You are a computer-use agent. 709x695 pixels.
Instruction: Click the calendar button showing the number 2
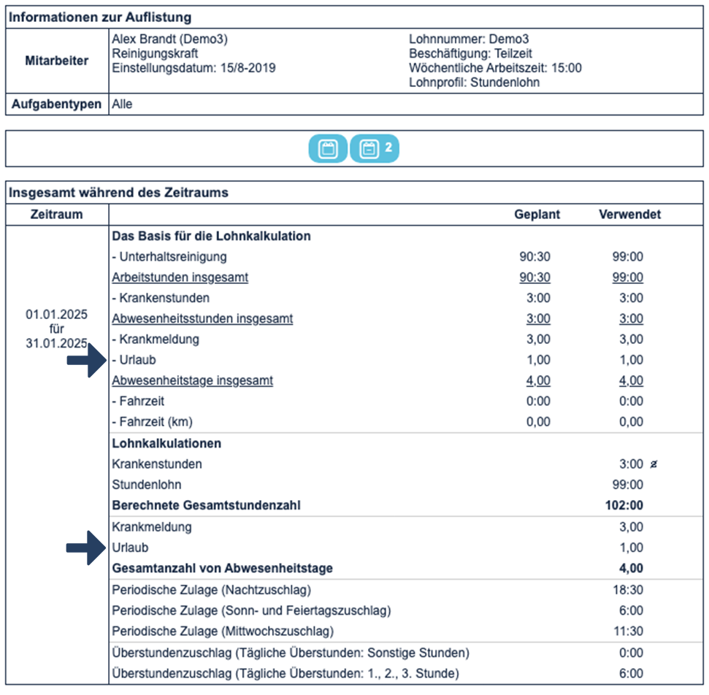(x=375, y=149)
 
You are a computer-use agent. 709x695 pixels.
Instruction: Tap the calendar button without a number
(x=329, y=149)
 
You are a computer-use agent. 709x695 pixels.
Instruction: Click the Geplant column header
(x=537, y=215)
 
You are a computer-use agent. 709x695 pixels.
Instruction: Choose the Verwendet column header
(x=629, y=215)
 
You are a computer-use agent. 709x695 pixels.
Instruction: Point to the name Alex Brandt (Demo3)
(x=164, y=39)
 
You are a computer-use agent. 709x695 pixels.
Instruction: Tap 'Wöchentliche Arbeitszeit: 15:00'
(x=495, y=68)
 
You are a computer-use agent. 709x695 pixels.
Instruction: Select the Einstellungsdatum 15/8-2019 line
(x=193, y=68)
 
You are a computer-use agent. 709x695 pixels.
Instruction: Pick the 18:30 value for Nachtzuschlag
(x=628, y=590)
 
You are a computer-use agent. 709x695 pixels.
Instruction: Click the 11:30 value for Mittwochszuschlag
(x=628, y=631)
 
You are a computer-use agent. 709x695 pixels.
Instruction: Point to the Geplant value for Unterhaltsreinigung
(x=534, y=257)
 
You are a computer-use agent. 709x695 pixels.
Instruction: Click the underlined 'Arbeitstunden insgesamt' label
(x=180, y=277)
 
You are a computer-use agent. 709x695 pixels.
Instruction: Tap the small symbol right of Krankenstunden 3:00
(x=653, y=464)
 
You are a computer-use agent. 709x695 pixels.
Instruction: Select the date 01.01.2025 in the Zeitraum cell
(x=57, y=315)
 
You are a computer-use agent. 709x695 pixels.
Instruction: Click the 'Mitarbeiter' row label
(x=57, y=61)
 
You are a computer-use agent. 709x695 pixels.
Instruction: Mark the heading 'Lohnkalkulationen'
(x=166, y=443)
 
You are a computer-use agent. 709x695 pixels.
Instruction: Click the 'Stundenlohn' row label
(x=147, y=485)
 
